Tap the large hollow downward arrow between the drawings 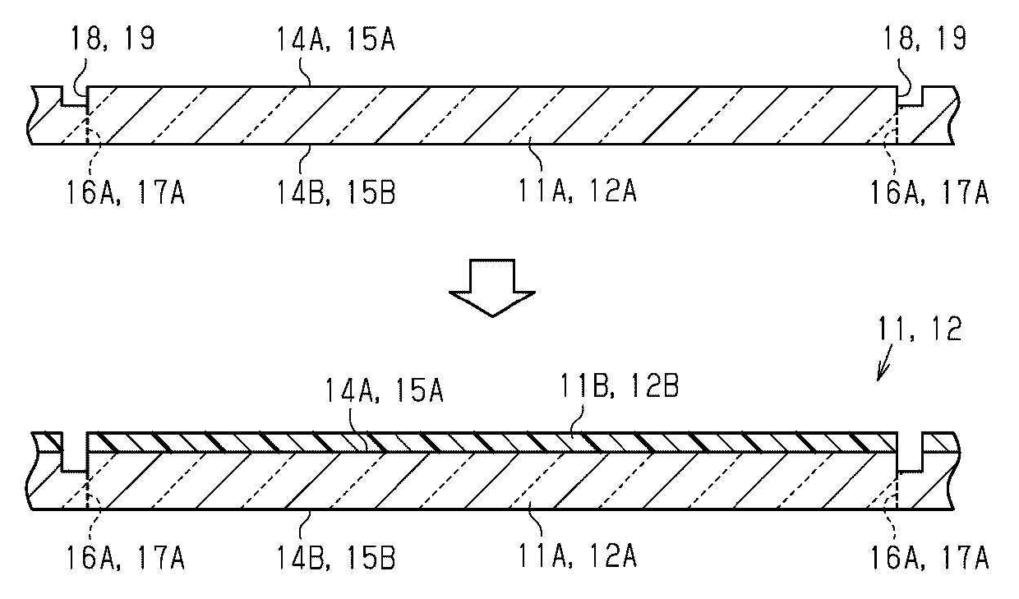click(491, 287)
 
